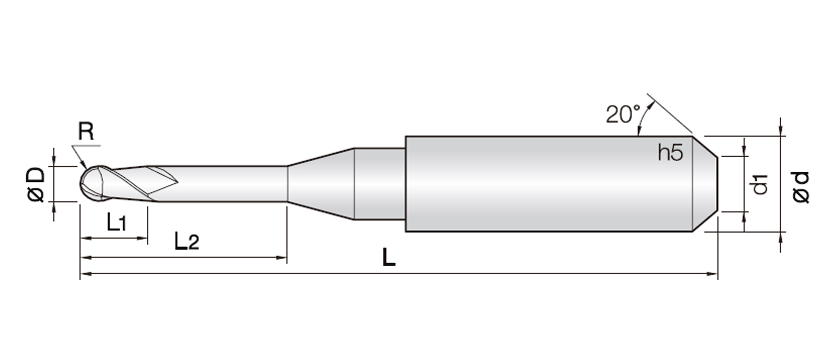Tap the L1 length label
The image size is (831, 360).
tap(116, 222)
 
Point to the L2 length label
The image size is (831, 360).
tap(187, 241)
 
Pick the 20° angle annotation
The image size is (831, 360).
tap(623, 114)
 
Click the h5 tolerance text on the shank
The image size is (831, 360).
tap(670, 153)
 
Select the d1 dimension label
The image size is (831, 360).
tap(760, 184)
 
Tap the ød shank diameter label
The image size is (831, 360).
tap(801, 187)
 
